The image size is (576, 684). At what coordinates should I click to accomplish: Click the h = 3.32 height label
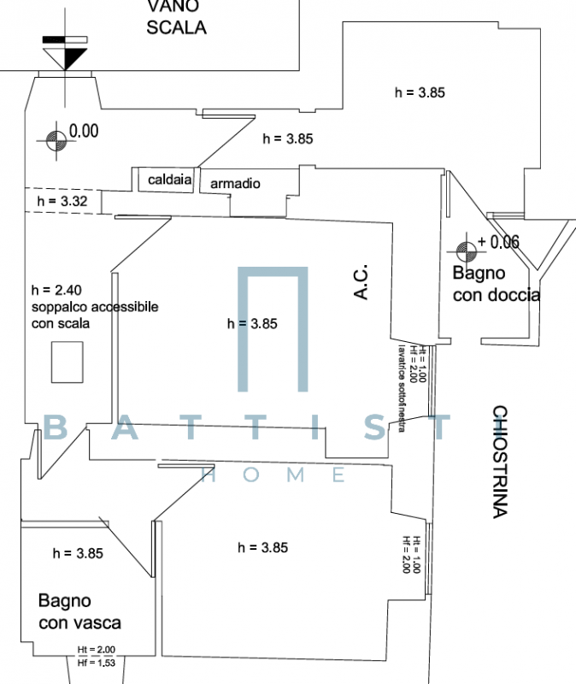pos(62,202)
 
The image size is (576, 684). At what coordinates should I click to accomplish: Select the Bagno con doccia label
pos(496,285)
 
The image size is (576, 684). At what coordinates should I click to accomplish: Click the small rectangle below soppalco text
pos(66,362)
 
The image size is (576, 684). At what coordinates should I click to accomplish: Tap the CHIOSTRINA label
pos(501,462)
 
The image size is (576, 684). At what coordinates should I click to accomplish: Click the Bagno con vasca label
pos(79,612)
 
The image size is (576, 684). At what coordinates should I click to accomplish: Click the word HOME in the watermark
pos(273,475)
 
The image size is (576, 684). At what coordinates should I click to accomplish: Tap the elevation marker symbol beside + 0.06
pos(467,250)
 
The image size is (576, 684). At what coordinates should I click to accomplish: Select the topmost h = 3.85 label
pos(420,91)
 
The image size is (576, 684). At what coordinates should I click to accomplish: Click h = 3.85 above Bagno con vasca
pos(78,553)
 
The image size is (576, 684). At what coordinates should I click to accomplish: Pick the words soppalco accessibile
pos(94,307)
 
